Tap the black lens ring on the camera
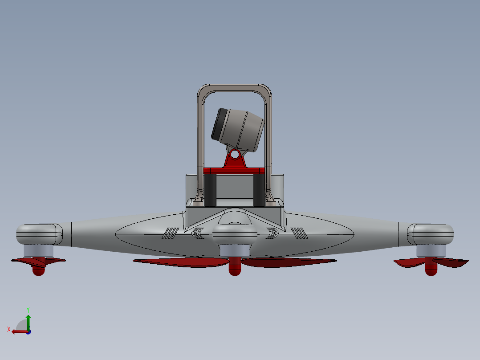pos(218,123)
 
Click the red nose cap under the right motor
pos(431,270)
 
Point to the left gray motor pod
pos(39,234)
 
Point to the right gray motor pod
pos(431,234)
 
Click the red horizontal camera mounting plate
pos(234,170)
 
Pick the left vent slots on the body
pos(171,233)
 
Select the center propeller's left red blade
pos(183,262)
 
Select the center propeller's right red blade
pos(287,262)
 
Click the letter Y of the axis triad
pos(28,309)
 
